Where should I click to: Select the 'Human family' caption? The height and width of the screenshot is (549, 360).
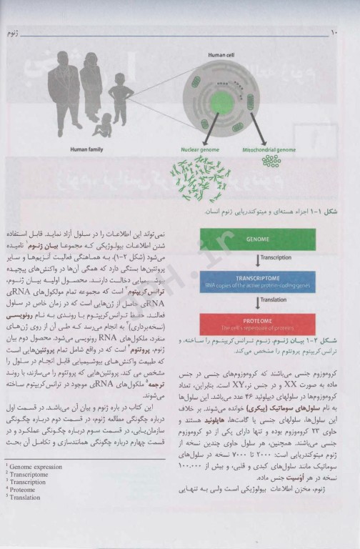click(89, 150)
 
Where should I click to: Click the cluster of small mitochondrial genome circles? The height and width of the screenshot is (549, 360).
click(271, 162)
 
